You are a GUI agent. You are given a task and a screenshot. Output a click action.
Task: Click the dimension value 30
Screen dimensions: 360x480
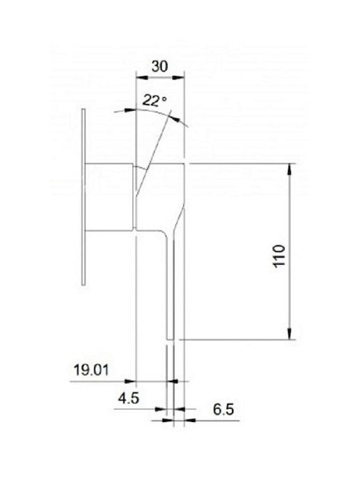tap(160, 67)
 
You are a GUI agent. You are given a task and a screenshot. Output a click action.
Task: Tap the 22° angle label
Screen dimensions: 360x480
tap(155, 101)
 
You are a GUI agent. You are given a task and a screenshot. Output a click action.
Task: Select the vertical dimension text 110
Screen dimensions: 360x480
tap(279, 256)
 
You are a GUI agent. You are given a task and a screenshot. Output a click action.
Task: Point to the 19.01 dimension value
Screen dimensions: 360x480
tap(91, 370)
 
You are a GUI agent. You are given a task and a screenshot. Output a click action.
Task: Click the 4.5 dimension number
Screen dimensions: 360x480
tap(129, 398)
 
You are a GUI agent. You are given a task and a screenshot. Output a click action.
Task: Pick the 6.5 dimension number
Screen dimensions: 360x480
tap(223, 409)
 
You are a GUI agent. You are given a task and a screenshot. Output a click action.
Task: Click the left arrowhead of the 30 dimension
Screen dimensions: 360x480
tap(142, 77)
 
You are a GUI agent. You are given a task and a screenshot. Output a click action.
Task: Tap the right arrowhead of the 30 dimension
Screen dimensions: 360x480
tap(179, 77)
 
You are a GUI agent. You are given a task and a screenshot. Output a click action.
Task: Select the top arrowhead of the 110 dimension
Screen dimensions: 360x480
tap(289, 170)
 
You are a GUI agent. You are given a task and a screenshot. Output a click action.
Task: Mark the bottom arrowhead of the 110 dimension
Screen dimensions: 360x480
tap(289, 333)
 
